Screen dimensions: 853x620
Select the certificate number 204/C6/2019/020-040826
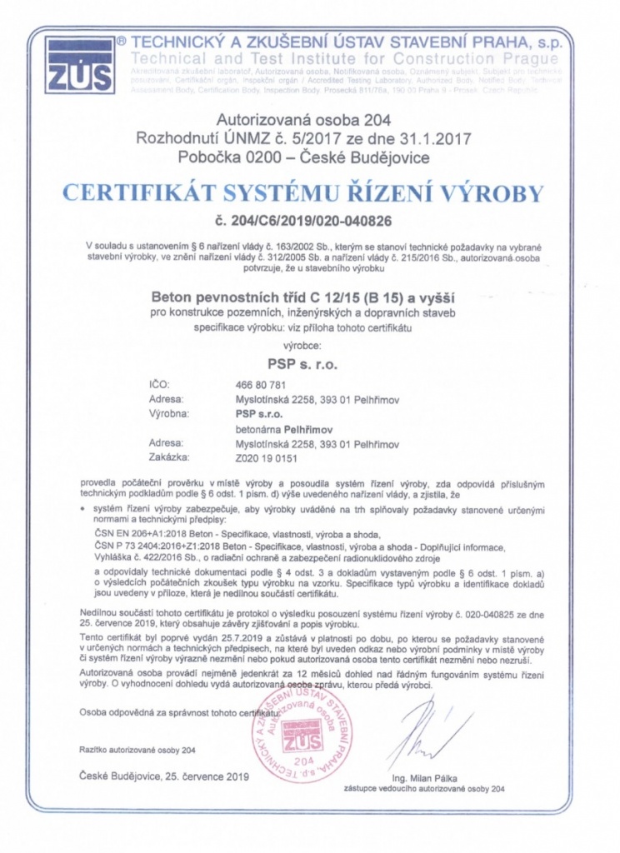click(302, 222)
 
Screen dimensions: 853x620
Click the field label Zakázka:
click(169, 457)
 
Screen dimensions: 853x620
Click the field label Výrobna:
click(170, 414)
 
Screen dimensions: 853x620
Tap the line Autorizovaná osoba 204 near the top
click(279, 120)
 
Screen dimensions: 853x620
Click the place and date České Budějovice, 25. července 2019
click(164, 776)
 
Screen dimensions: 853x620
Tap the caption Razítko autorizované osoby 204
click(137, 750)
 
